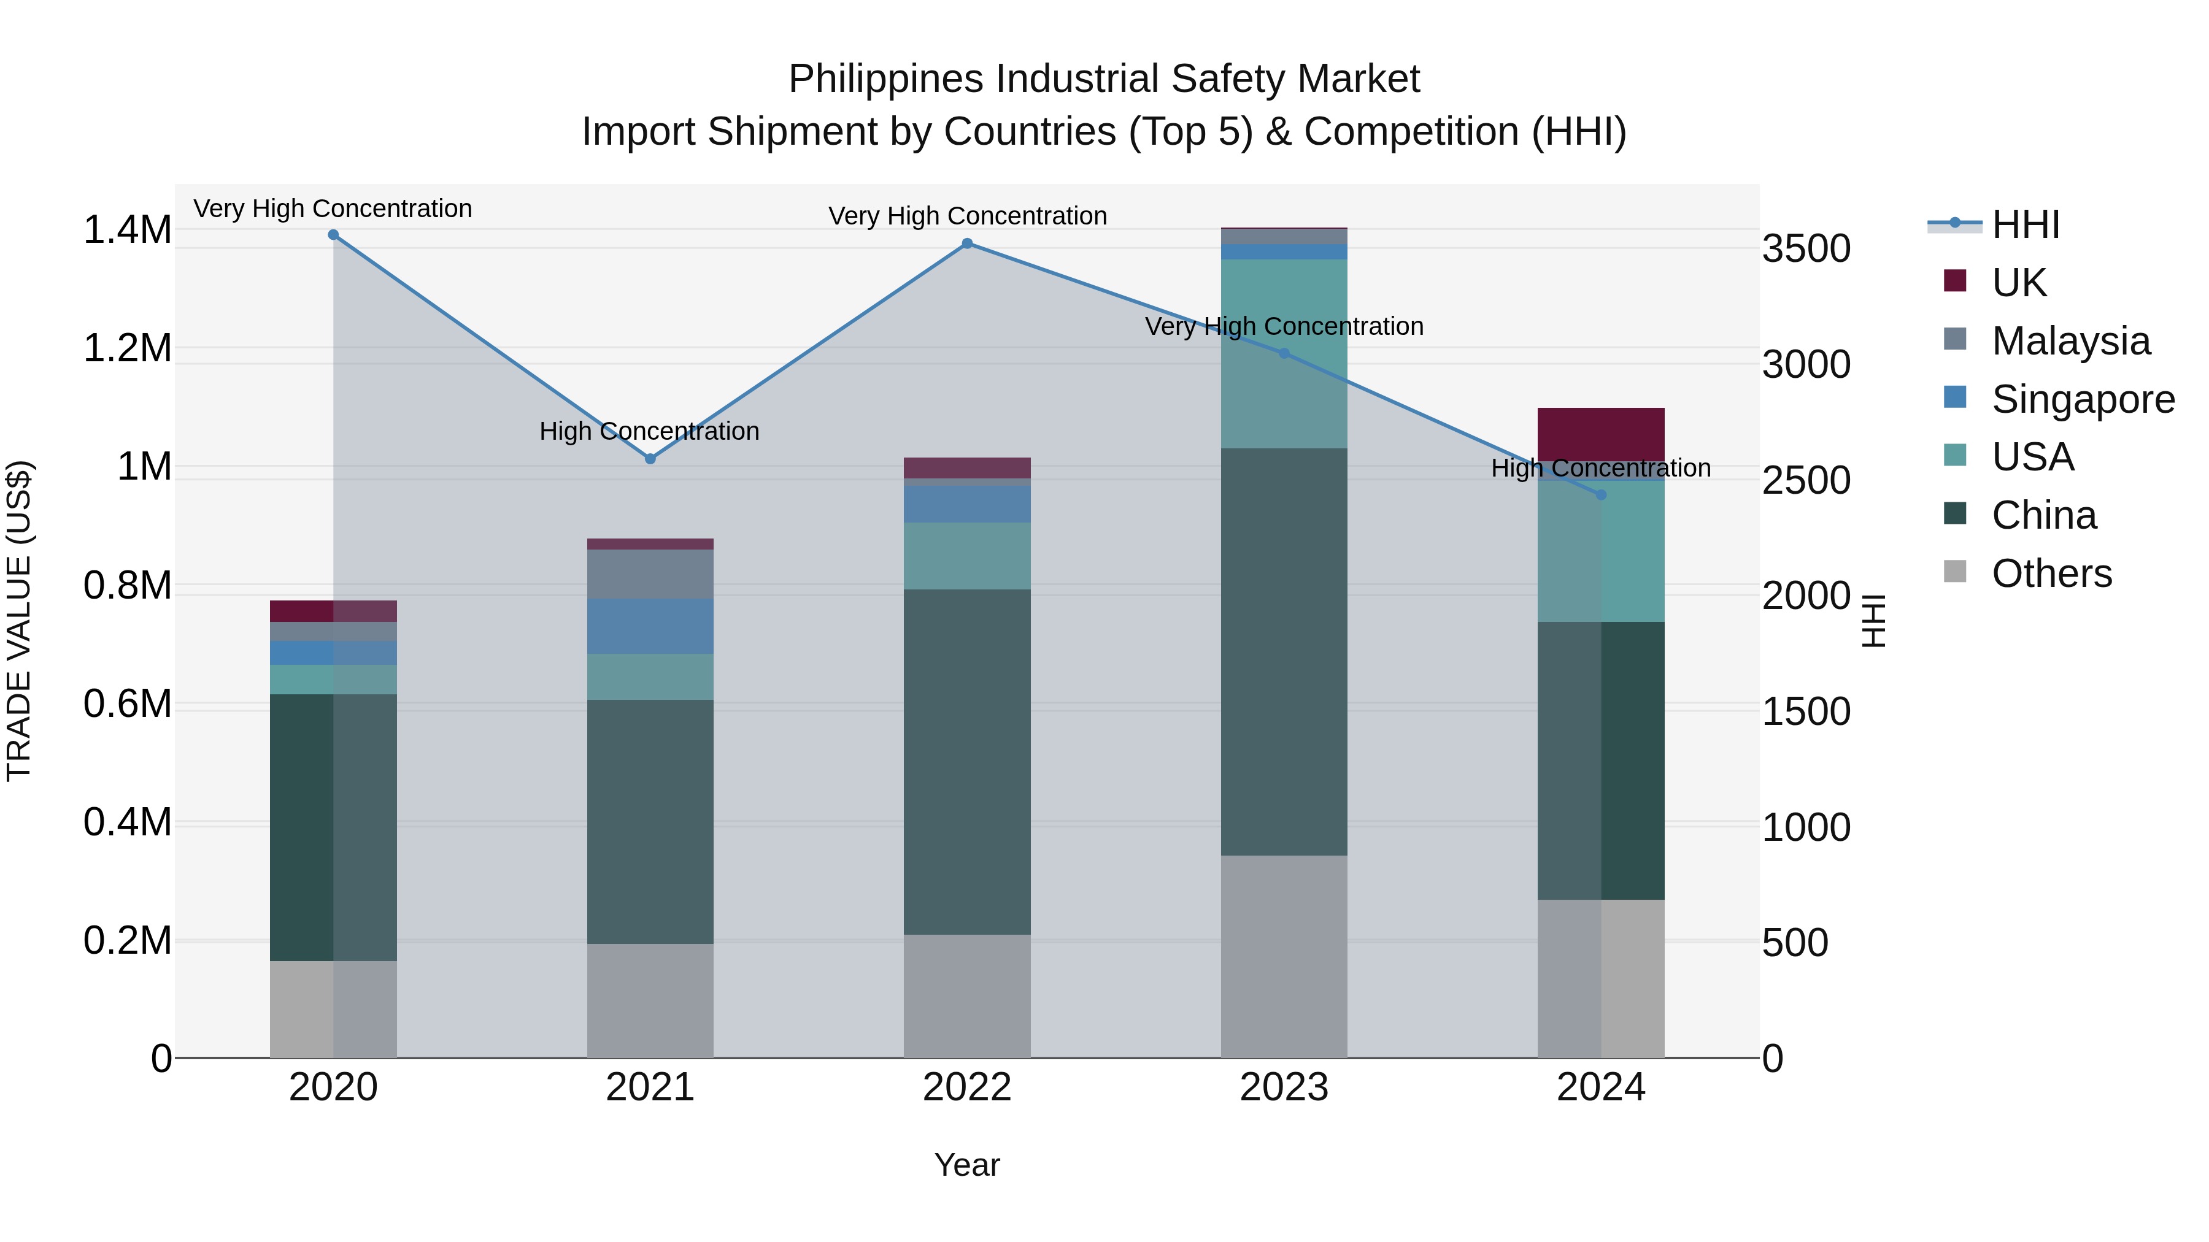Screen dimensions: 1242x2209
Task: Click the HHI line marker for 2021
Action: coord(650,459)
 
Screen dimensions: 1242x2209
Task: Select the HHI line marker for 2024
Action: coord(1600,494)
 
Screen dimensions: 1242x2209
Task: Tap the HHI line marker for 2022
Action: coord(967,243)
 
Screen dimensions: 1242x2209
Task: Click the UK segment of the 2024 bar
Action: coord(1600,435)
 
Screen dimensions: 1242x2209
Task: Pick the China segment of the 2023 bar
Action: coord(1284,651)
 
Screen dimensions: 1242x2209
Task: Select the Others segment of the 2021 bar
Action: coord(650,1000)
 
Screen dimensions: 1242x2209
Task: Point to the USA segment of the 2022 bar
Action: coord(967,556)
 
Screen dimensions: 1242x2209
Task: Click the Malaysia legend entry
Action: coord(2070,341)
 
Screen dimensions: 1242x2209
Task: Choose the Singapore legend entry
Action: coord(2082,399)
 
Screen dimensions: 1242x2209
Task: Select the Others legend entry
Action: coord(2051,573)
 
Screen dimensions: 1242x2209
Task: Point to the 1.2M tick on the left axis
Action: coord(127,349)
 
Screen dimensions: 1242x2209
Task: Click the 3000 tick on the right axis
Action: coord(1806,364)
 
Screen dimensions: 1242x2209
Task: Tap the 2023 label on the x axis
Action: coord(1284,1087)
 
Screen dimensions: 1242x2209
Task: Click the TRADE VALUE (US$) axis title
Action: coord(19,621)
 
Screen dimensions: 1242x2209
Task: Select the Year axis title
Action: coord(966,1165)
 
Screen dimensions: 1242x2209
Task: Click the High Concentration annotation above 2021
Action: coord(649,431)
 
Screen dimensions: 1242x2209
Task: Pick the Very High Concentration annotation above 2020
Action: coord(333,209)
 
